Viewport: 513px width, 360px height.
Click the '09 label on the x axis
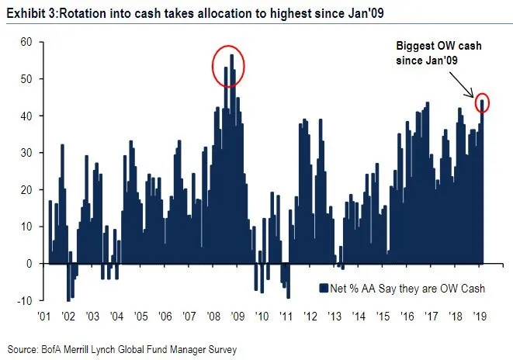pyautogui.click(x=237, y=317)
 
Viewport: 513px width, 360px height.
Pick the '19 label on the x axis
pyautogui.click(x=480, y=317)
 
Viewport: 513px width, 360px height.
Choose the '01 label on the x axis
pyautogui.click(x=44, y=317)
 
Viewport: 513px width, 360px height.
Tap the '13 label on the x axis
pyautogui.click(x=334, y=317)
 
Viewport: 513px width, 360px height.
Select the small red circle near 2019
pyautogui.click(x=483, y=102)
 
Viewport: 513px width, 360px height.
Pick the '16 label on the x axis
pyautogui.click(x=407, y=317)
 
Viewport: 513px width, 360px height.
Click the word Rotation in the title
pyautogui.click(x=83, y=12)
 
